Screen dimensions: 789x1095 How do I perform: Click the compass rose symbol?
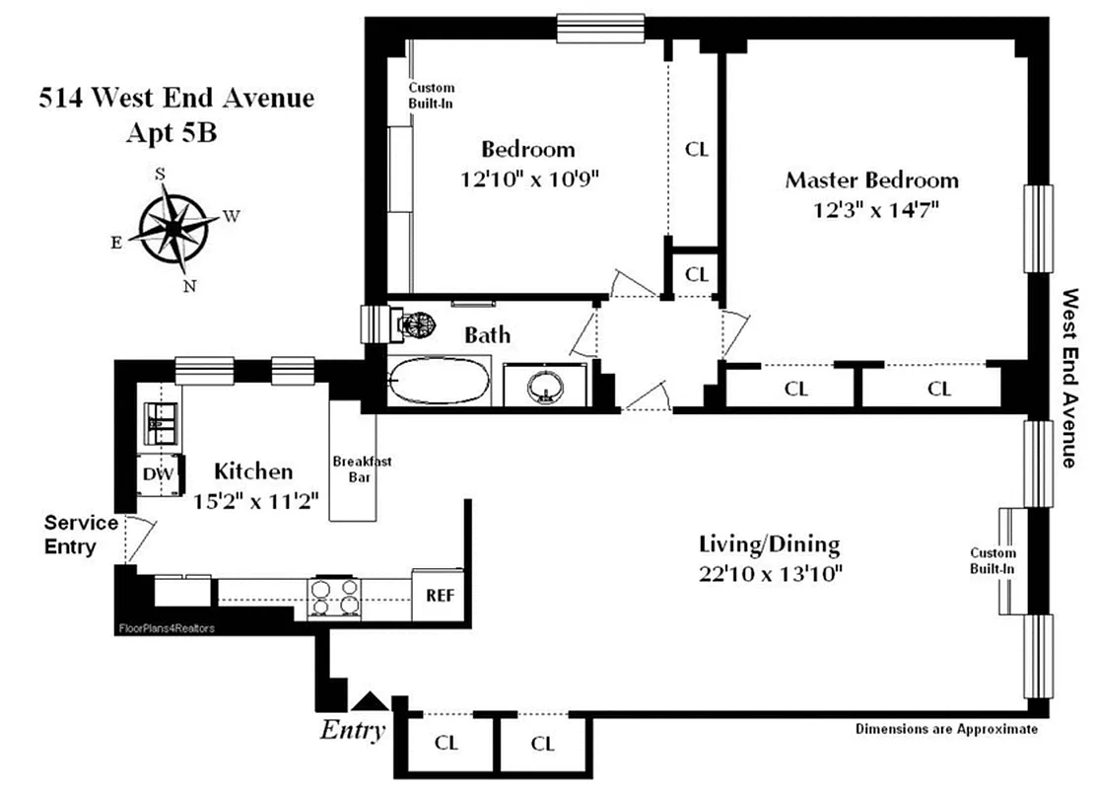173,229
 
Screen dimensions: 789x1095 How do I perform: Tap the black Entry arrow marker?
370,701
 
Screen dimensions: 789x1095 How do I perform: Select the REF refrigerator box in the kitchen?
438,595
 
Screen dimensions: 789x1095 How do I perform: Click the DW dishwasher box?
159,475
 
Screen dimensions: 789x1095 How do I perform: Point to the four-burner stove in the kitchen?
334,596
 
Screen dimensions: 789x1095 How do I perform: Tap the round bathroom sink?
543,385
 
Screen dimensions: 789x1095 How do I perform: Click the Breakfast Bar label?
356,469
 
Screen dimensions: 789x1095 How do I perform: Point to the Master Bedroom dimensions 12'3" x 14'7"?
871,210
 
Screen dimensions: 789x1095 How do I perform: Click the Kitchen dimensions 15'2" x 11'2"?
254,501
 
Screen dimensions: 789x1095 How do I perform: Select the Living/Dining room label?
769,543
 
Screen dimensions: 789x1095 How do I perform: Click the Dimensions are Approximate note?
946,730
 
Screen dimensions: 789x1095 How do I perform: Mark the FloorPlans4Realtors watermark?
166,627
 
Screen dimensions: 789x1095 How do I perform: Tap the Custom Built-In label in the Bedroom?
431,95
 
